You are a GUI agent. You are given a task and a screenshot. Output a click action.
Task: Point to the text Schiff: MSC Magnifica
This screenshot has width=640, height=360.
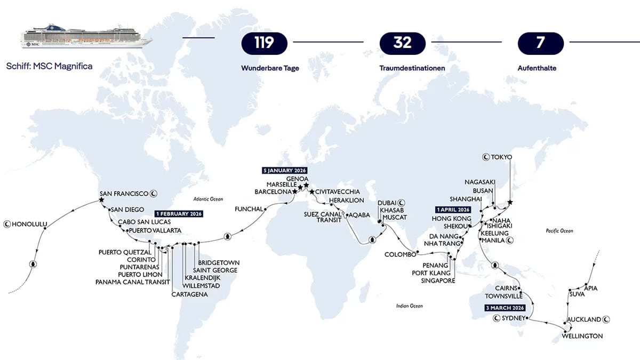click(50, 67)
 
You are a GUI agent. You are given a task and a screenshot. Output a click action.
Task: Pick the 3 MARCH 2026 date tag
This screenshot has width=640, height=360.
click(505, 308)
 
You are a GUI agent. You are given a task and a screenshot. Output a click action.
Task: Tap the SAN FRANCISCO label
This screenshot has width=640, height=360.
click(125, 193)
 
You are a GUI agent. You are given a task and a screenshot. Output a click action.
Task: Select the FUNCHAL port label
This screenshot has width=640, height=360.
click(249, 209)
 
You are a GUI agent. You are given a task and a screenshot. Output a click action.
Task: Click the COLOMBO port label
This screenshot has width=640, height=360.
click(400, 254)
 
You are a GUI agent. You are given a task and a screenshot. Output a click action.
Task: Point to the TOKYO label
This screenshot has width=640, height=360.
click(501, 157)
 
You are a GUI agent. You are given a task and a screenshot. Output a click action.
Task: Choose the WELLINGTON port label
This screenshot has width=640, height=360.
click(582, 336)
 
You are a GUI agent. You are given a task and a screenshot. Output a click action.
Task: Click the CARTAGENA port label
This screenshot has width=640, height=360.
click(189, 294)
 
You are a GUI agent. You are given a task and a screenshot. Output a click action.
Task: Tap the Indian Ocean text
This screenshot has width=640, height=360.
click(409, 306)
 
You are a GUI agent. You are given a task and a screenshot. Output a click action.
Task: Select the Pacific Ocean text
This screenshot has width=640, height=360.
click(559, 231)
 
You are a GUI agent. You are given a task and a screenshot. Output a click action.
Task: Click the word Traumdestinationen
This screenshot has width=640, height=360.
click(412, 68)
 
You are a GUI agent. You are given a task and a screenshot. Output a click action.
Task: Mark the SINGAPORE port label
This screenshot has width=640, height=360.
click(438, 280)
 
